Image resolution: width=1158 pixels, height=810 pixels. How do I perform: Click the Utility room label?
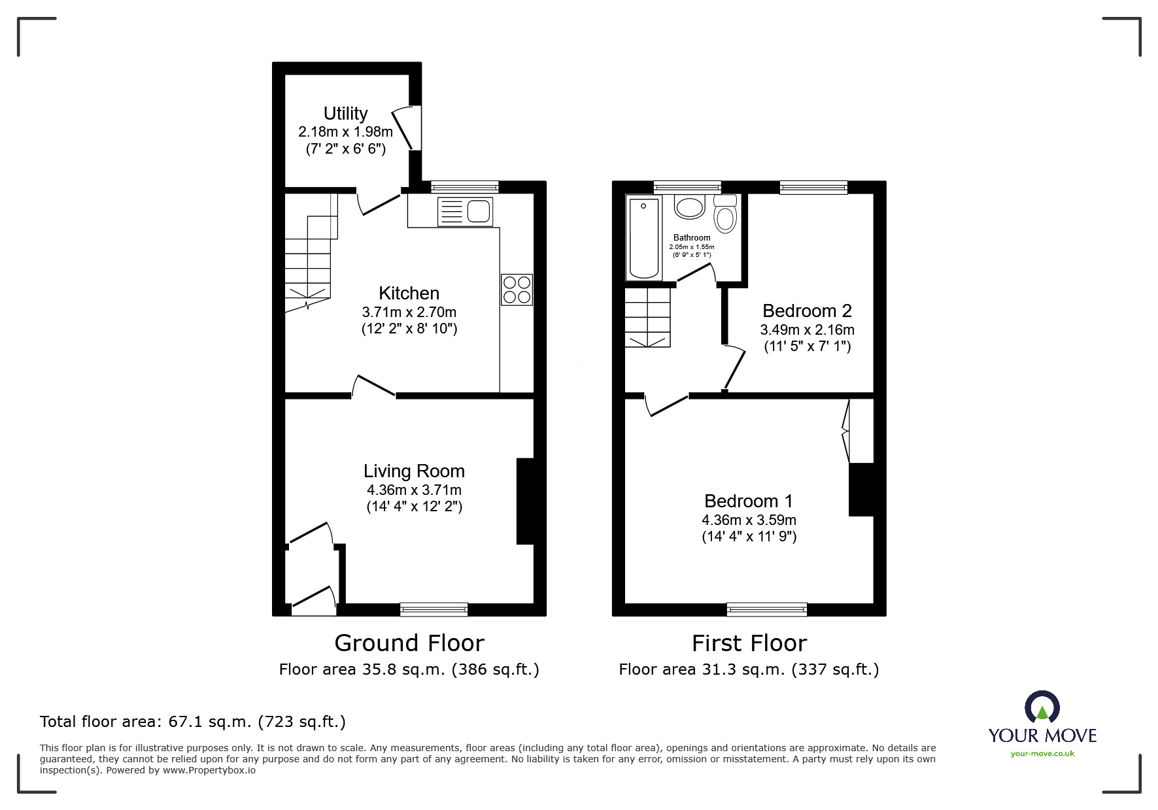click(x=345, y=113)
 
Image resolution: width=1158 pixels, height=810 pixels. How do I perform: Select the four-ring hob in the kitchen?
click(x=517, y=290)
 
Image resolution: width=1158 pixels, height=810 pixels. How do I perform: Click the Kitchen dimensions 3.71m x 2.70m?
click(x=409, y=312)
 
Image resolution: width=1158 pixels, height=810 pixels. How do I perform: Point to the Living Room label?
click(x=414, y=471)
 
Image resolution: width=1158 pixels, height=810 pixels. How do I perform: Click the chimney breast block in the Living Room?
click(x=525, y=501)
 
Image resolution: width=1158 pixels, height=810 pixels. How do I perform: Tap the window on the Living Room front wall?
click(x=434, y=609)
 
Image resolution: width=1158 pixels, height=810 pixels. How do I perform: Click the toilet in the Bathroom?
click(x=725, y=214)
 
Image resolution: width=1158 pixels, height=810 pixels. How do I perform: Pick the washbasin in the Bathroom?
click(x=689, y=208)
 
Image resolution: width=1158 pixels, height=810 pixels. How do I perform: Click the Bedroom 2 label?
click(x=807, y=311)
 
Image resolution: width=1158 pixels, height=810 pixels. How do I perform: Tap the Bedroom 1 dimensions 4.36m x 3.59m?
click(x=749, y=520)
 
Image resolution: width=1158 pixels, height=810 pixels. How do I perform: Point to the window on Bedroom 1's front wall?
click(x=766, y=609)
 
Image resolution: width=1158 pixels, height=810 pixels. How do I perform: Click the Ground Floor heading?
click(x=409, y=643)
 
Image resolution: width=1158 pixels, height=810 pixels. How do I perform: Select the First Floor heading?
click(x=749, y=643)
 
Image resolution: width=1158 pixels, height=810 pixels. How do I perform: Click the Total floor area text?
click(x=193, y=722)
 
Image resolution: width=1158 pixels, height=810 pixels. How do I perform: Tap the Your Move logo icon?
click(x=1041, y=708)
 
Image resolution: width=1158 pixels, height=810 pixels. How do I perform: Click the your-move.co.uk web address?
click(x=1042, y=754)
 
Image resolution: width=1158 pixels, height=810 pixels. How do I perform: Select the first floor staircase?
click(x=647, y=318)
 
